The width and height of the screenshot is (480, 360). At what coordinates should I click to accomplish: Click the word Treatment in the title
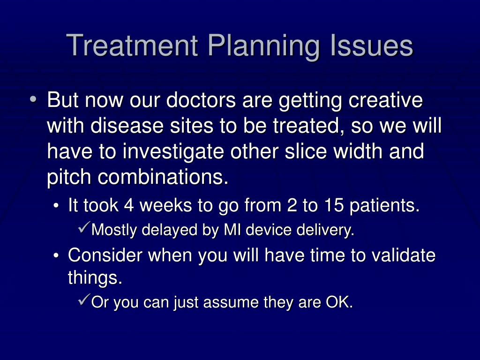tap(132, 45)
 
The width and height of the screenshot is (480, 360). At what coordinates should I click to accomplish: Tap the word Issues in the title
tap(372, 45)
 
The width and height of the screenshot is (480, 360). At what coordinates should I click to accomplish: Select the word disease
tap(127, 126)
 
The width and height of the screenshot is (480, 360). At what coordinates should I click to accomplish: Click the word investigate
tap(173, 152)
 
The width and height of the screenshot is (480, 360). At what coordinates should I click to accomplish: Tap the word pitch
tap(69, 178)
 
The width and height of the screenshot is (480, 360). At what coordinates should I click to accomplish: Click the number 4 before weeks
tap(129, 205)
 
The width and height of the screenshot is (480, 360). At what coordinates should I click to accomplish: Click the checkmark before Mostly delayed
tap(84, 227)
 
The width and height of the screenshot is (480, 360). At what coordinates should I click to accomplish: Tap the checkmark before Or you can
tap(84, 300)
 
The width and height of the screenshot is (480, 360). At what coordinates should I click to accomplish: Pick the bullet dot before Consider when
tap(56, 255)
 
